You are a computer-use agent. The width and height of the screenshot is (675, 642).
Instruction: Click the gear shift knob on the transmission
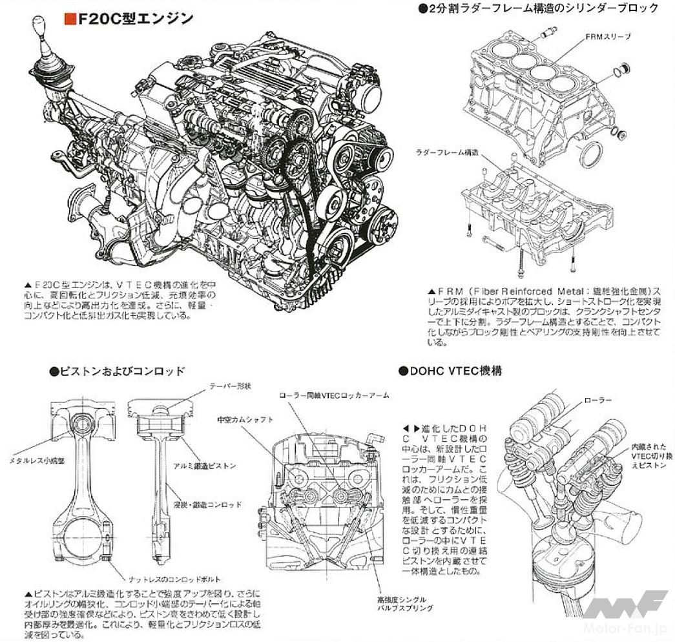pyautogui.click(x=40, y=30)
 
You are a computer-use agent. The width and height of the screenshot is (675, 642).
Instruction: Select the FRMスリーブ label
pyautogui.click(x=608, y=37)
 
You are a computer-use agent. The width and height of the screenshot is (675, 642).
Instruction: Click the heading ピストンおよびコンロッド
pyautogui.click(x=116, y=371)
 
